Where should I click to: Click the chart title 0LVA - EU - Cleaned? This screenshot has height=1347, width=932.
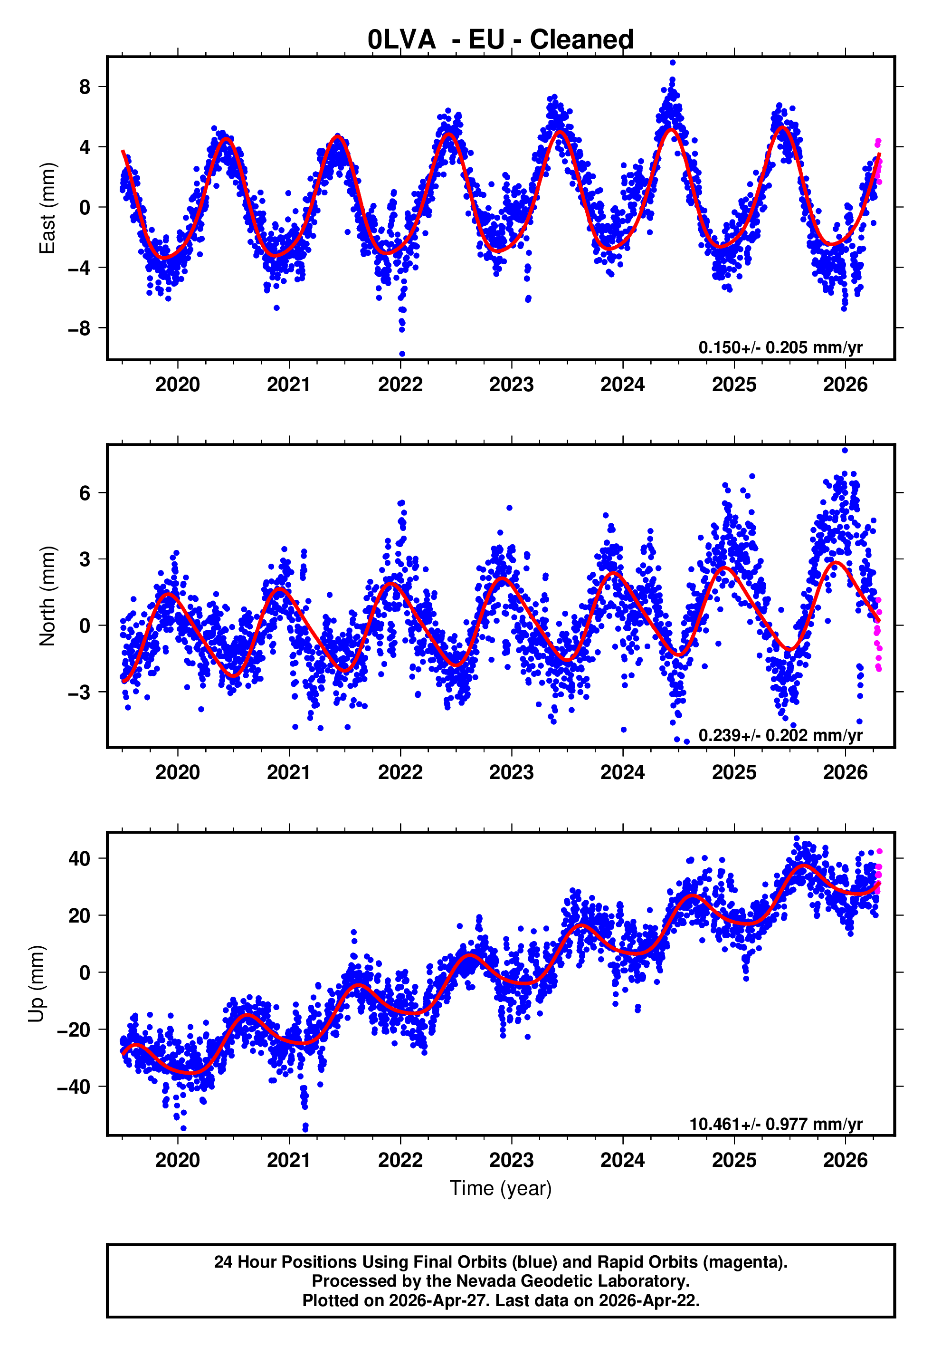pos(501,40)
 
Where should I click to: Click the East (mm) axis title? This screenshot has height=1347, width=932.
pos(47,208)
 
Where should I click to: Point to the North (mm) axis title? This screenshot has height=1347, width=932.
pos(47,596)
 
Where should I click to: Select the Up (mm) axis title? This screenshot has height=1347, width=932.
pos(36,984)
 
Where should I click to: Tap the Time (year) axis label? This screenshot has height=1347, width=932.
pos(501,1188)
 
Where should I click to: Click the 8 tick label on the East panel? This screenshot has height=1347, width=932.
pos(85,87)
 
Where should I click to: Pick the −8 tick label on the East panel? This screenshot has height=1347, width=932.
pos(79,328)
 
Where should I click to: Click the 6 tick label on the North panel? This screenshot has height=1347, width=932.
pos(85,493)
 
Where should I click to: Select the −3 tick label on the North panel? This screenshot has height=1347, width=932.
pos(79,692)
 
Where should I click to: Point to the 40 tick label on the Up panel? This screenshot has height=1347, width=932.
pos(79,859)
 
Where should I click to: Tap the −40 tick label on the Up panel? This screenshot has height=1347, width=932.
pos(74,1087)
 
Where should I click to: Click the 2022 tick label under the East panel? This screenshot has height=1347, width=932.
pos(400,385)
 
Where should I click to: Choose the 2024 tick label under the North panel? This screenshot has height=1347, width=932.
pos(622,772)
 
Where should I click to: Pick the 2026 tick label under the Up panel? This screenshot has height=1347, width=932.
pos(845,1160)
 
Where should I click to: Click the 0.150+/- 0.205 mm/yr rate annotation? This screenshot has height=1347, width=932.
pos(780,347)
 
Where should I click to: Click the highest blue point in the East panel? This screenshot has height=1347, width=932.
pos(673,62)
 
